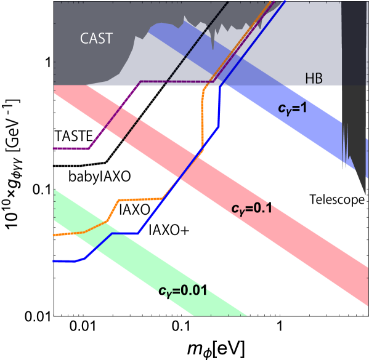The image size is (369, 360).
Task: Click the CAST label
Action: pos(96,38)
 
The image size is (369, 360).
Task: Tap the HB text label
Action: pos(314,78)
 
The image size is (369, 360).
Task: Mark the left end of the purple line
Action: pos(54,148)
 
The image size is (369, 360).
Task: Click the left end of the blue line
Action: pos(54,261)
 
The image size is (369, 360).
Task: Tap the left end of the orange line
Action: pos(54,234)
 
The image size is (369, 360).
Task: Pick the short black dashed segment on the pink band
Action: pos(130,130)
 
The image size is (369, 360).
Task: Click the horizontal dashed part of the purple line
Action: pos(176,81)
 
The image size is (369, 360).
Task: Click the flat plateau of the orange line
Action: pos(140,199)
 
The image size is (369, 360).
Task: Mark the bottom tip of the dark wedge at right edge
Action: pos(367,194)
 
